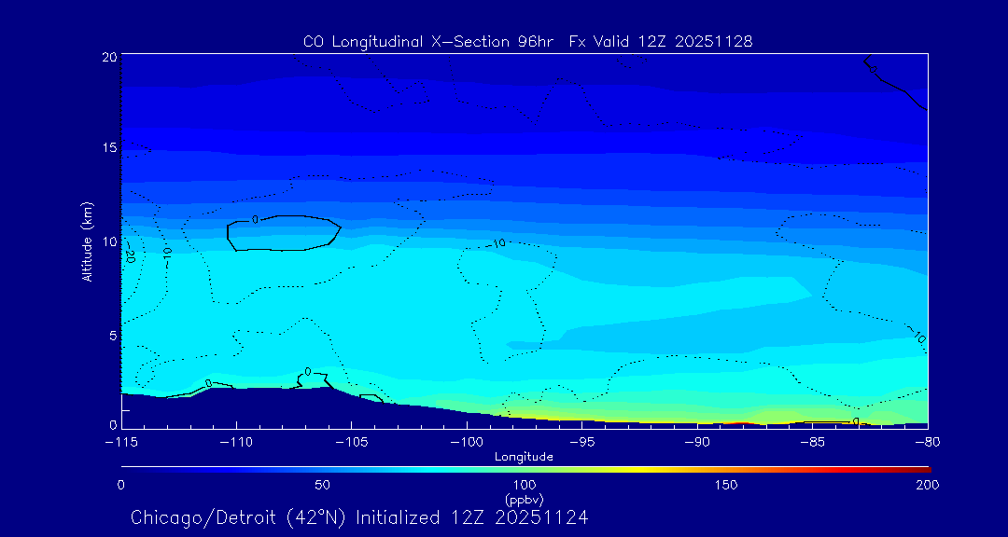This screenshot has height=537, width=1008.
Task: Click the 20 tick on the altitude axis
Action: (109, 57)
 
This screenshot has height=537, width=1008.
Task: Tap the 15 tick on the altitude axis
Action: (109, 148)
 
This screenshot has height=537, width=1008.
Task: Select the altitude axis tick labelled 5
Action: (112, 334)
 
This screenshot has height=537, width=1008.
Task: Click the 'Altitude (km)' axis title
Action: (87, 241)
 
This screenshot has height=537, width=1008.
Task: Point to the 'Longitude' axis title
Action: (524, 456)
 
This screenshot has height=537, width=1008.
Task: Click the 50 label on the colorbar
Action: (322, 485)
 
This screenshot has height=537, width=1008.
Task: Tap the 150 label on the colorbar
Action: (726, 485)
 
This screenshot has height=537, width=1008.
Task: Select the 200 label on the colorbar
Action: (927, 485)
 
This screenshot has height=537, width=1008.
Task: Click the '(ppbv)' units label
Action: (524, 499)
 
